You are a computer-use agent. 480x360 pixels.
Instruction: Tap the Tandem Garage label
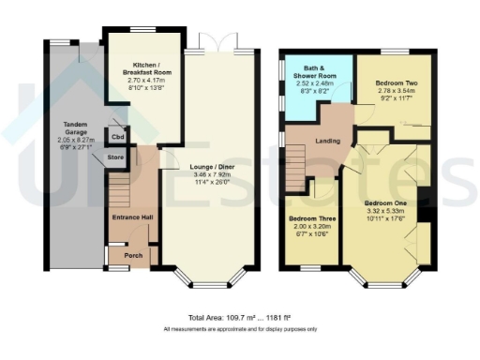(74, 127)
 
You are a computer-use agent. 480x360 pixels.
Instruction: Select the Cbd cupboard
(118, 137)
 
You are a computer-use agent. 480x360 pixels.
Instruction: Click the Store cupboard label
(115, 157)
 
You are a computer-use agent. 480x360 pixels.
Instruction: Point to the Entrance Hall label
(127, 218)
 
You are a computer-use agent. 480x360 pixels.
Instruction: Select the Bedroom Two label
(395, 84)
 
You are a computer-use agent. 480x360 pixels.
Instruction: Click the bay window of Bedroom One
(382, 282)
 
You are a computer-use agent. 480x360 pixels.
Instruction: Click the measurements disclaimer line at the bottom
(239, 330)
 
